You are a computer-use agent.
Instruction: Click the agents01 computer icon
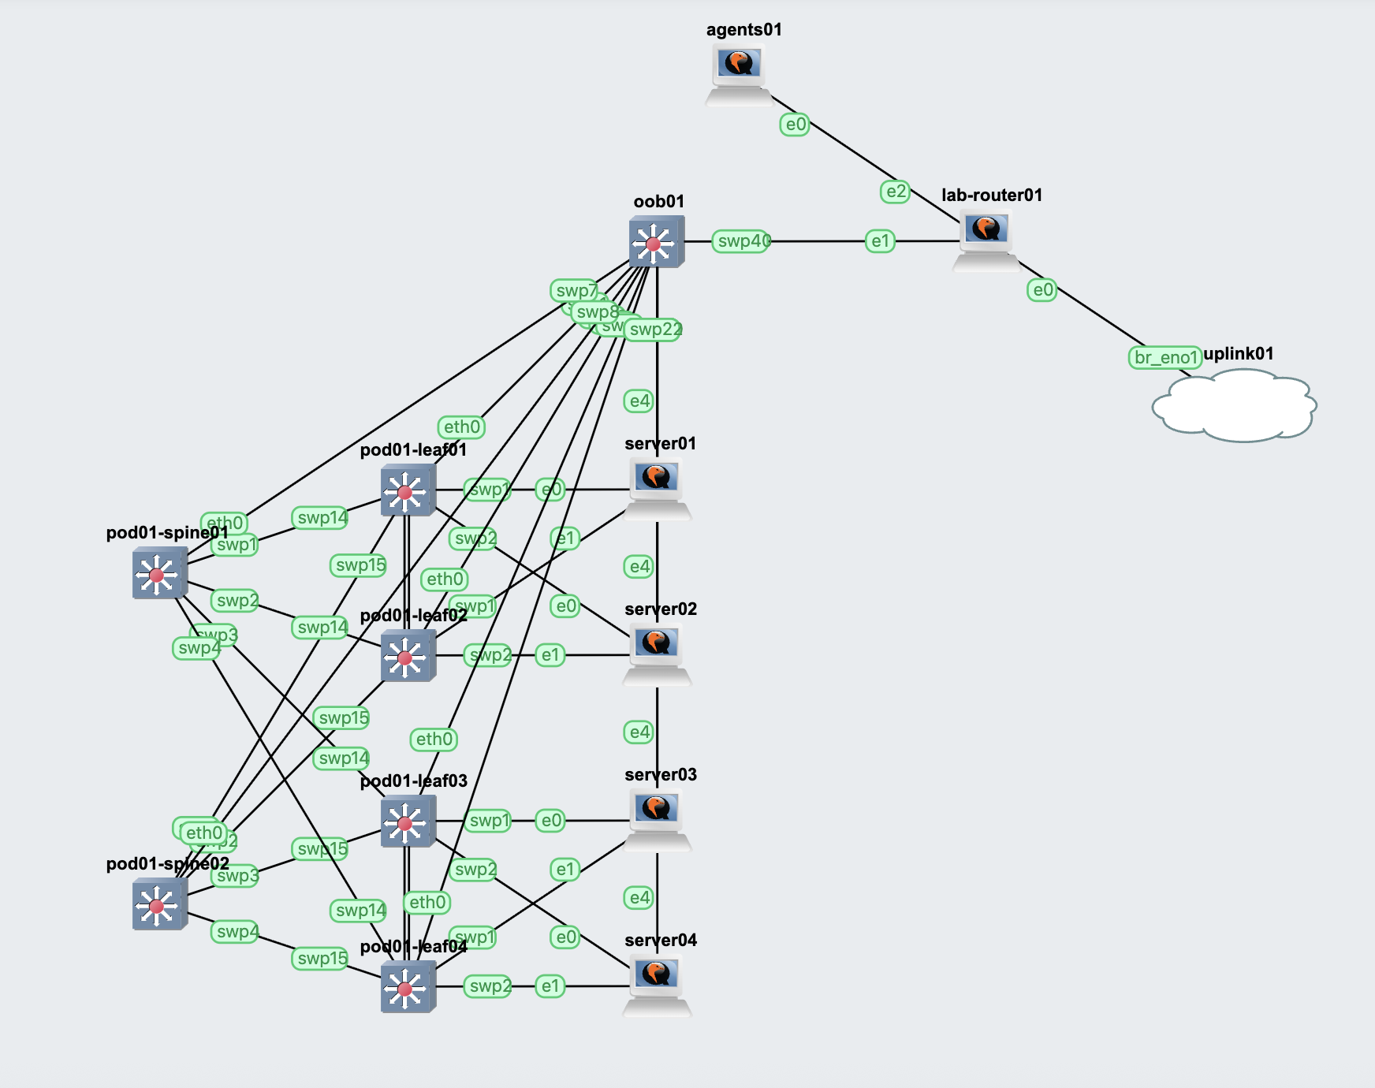(x=738, y=73)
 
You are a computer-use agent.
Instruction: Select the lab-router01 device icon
(x=986, y=239)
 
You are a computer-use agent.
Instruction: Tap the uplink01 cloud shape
(x=1234, y=407)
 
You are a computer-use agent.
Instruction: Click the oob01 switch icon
(x=656, y=242)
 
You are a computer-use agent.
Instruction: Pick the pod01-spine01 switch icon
(x=159, y=573)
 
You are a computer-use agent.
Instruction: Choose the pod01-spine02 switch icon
(x=159, y=904)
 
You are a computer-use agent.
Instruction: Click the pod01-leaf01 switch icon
(x=408, y=490)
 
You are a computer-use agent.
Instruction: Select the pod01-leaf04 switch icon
(x=408, y=987)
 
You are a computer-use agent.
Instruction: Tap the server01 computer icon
(x=657, y=487)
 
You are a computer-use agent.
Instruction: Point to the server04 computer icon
(x=657, y=984)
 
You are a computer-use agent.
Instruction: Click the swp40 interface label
(x=741, y=241)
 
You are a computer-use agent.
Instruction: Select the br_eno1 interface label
(x=1164, y=358)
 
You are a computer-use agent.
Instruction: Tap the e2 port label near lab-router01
(x=895, y=192)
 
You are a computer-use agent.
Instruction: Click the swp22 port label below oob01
(x=654, y=330)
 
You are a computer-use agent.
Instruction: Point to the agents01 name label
(x=743, y=30)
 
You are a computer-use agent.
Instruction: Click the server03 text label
(x=660, y=775)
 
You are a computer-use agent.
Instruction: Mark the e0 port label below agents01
(x=795, y=125)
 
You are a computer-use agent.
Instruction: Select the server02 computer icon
(x=657, y=653)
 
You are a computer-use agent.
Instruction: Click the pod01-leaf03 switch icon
(x=408, y=822)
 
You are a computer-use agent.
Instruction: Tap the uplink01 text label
(x=1238, y=354)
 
